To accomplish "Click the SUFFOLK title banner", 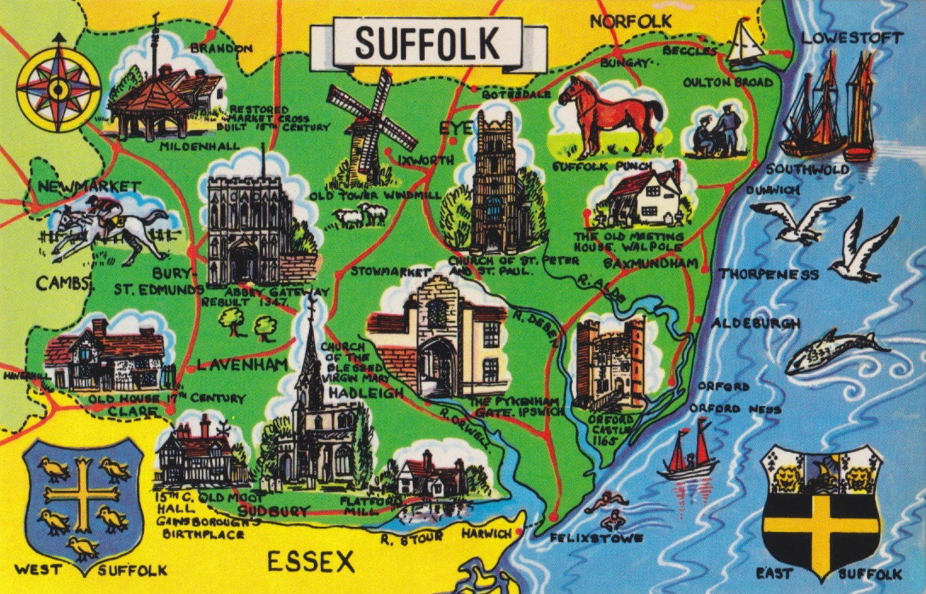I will (428, 43).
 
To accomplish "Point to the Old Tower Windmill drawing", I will (371, 125).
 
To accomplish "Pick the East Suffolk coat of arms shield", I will (822, 511).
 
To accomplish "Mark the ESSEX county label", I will (310, 562).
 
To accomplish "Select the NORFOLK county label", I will (630, 22).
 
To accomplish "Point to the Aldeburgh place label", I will (755, 324).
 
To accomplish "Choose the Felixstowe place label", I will (597, 538).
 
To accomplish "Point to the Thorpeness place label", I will (768, 274).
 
